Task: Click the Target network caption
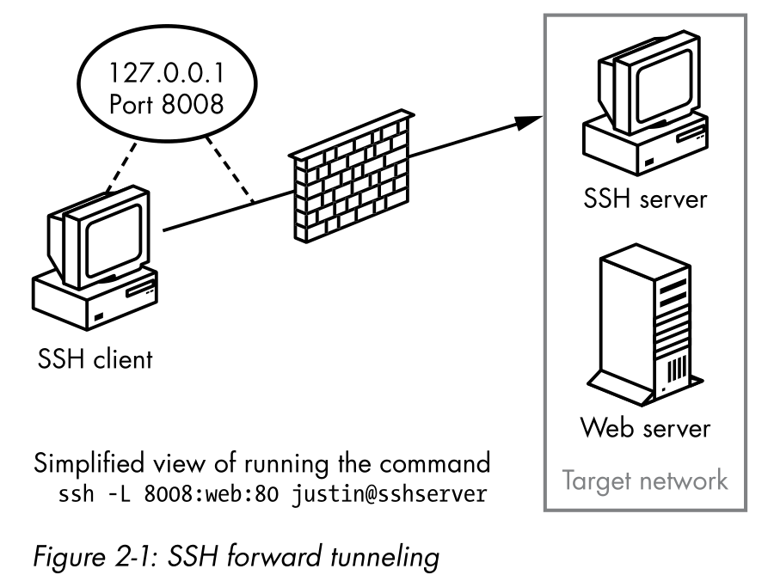coord(643,480)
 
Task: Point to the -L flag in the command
coord(126,497)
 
